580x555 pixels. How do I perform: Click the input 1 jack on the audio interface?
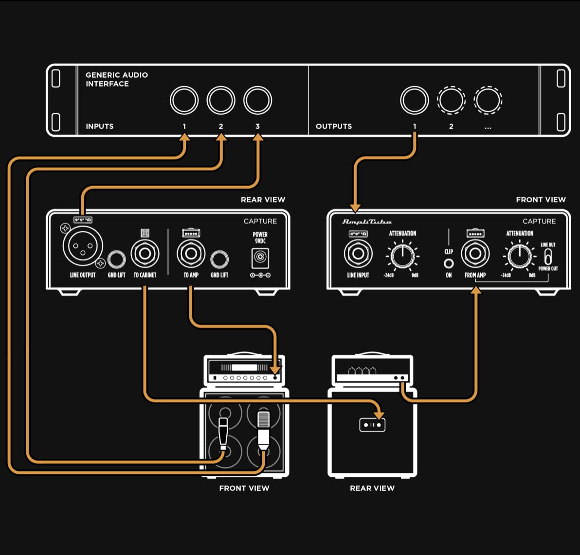coord(184,101)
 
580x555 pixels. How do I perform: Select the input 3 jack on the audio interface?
coord(257,101)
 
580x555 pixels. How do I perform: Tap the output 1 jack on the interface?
coord(414,101)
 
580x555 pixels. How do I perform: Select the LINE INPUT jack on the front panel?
coord(358,254)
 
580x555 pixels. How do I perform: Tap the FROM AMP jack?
coord(475,254)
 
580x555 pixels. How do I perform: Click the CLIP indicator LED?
coord(449,263)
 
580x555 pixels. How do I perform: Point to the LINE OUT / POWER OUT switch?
coord(548,257)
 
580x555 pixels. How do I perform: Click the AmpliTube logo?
coord(367,222)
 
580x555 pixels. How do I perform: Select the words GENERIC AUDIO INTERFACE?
coord(117,79)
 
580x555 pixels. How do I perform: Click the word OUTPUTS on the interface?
coord(333,126)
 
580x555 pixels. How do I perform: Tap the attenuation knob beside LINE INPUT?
coord(402,255)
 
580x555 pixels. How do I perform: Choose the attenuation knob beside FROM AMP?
coord(519,255)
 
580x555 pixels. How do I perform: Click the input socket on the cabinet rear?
coord(372,425)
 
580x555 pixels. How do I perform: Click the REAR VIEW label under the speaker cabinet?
coord(372,488)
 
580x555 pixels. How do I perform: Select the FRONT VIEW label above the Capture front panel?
coord(541,200)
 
